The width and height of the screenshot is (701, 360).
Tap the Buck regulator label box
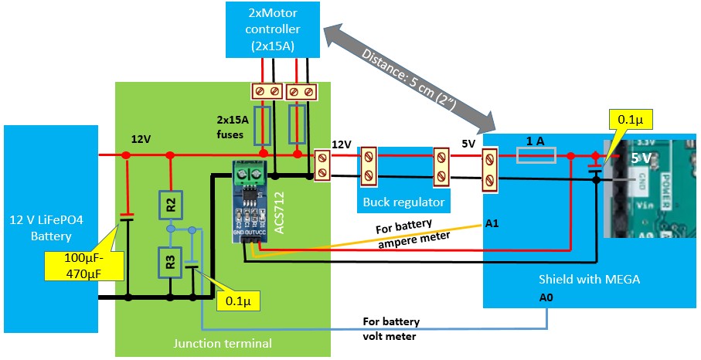coord(404,202)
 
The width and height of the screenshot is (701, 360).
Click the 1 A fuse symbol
coord(536,156)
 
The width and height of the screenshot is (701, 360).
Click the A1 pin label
coord(492,224)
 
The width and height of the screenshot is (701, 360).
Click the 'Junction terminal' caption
coord(223,341)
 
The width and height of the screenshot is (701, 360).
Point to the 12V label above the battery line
coord(141,139)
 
